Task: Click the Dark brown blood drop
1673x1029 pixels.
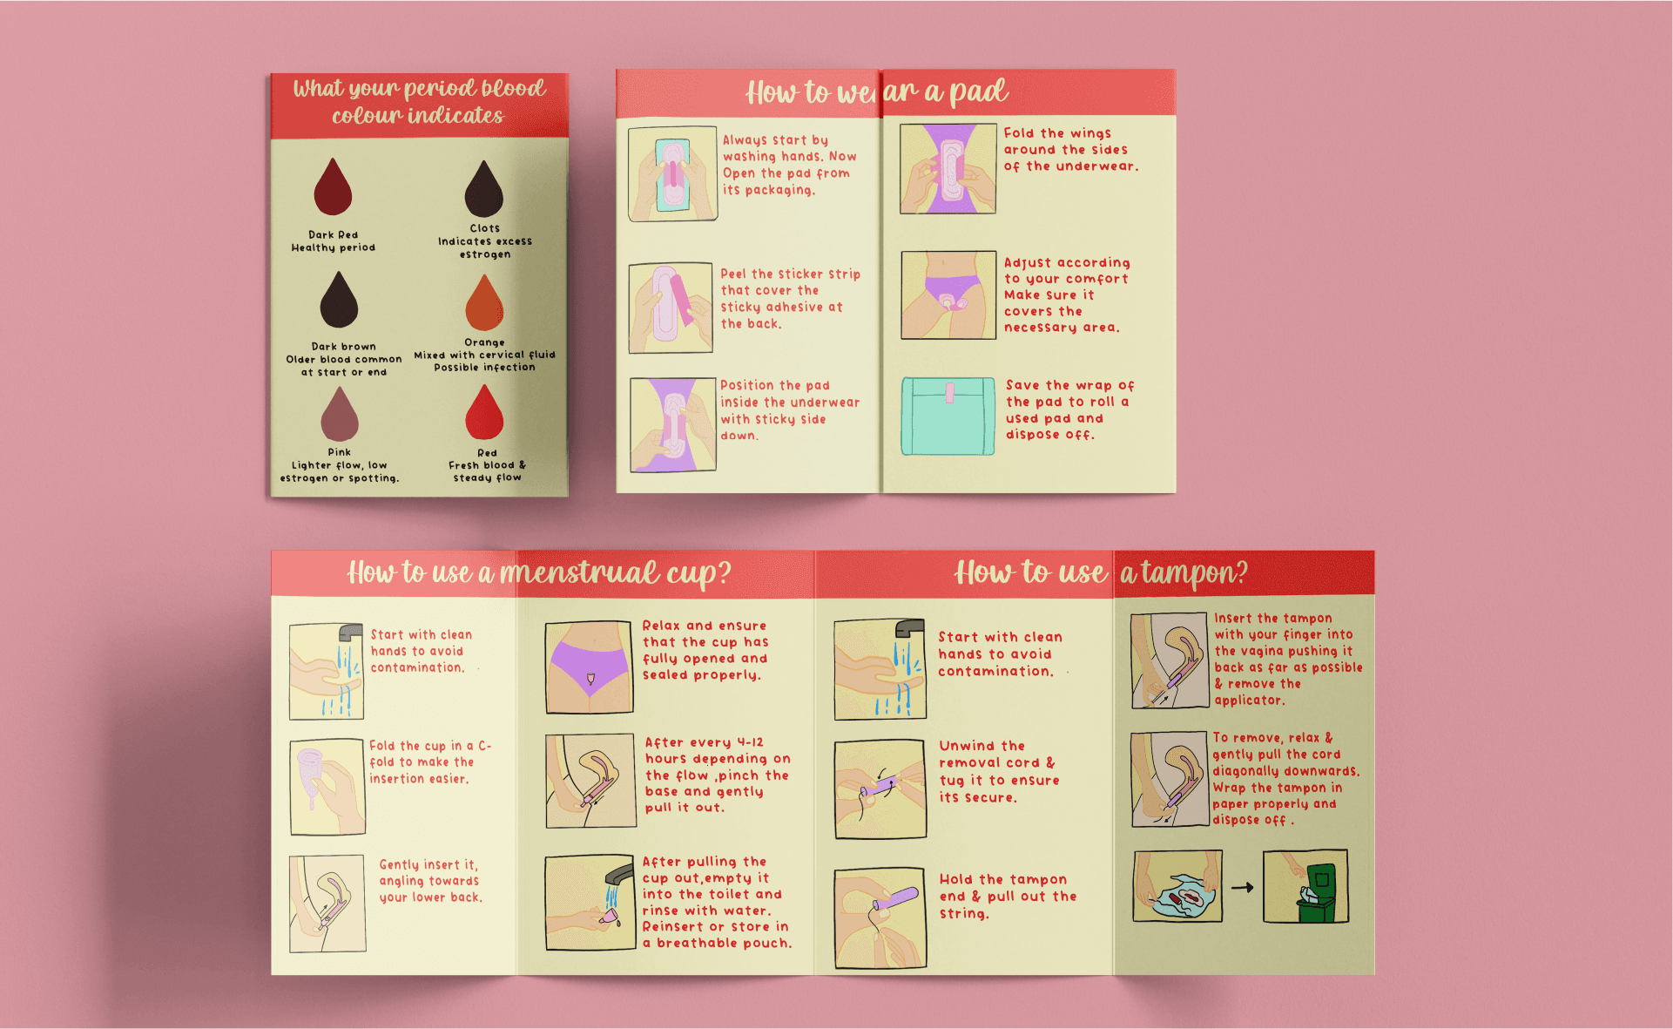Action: coord(339,300)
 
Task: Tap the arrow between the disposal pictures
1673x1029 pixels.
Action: coord(1243,888)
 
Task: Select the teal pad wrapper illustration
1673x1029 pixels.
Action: coord(948,416)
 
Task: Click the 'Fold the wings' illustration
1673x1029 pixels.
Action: coord(948,169)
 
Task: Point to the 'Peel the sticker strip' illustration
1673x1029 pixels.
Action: coord(671,308)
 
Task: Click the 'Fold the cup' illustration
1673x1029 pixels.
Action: coord(327,787)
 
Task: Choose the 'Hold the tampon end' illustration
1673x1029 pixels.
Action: coord(880,917)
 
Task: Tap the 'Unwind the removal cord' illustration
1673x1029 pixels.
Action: coord(880,789)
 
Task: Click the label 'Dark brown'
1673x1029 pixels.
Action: coord(344,346)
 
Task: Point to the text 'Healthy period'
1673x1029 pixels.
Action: coord(334,247)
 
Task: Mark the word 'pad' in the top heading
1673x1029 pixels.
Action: coord(979,91)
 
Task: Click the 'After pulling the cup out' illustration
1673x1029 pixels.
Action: coord(590,902)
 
